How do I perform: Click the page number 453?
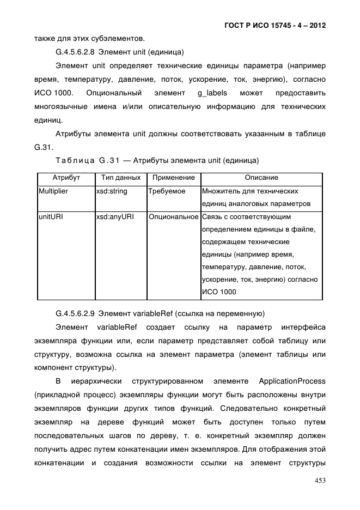tap(319, 480)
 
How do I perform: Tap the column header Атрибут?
tap(66, 178)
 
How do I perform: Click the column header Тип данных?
tap(121, 178)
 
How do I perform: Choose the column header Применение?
tap(173, 178)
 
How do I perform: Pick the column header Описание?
tap(261, 178)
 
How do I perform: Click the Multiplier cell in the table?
tap(53, 192)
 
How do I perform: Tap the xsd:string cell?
tap(111, 192)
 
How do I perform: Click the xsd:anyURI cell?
tap(114, 217)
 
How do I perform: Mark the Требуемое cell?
tap(167, 192)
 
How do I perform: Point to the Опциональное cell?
tap(174, 217)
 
